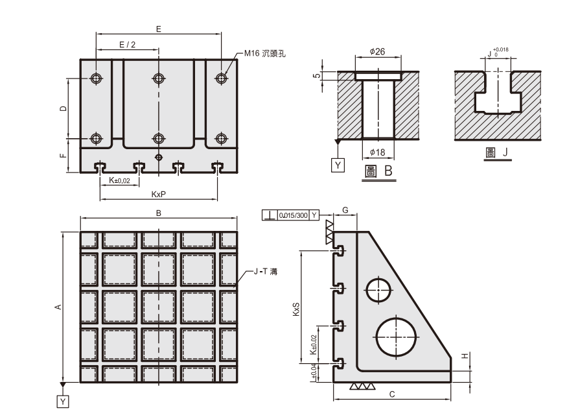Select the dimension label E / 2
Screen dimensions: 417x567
click(128, 44)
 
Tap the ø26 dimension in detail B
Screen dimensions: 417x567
click(377, 52)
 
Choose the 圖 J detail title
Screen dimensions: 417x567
click(497, 153)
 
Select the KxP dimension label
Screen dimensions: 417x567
click(158, 194)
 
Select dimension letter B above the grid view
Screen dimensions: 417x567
click(158, 213)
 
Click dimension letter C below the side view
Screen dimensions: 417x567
click(392, 394)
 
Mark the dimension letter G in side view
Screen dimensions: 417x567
click(345, 210)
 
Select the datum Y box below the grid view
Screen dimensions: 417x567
click(63, 402)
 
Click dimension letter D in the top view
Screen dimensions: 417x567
click(63, 108)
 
